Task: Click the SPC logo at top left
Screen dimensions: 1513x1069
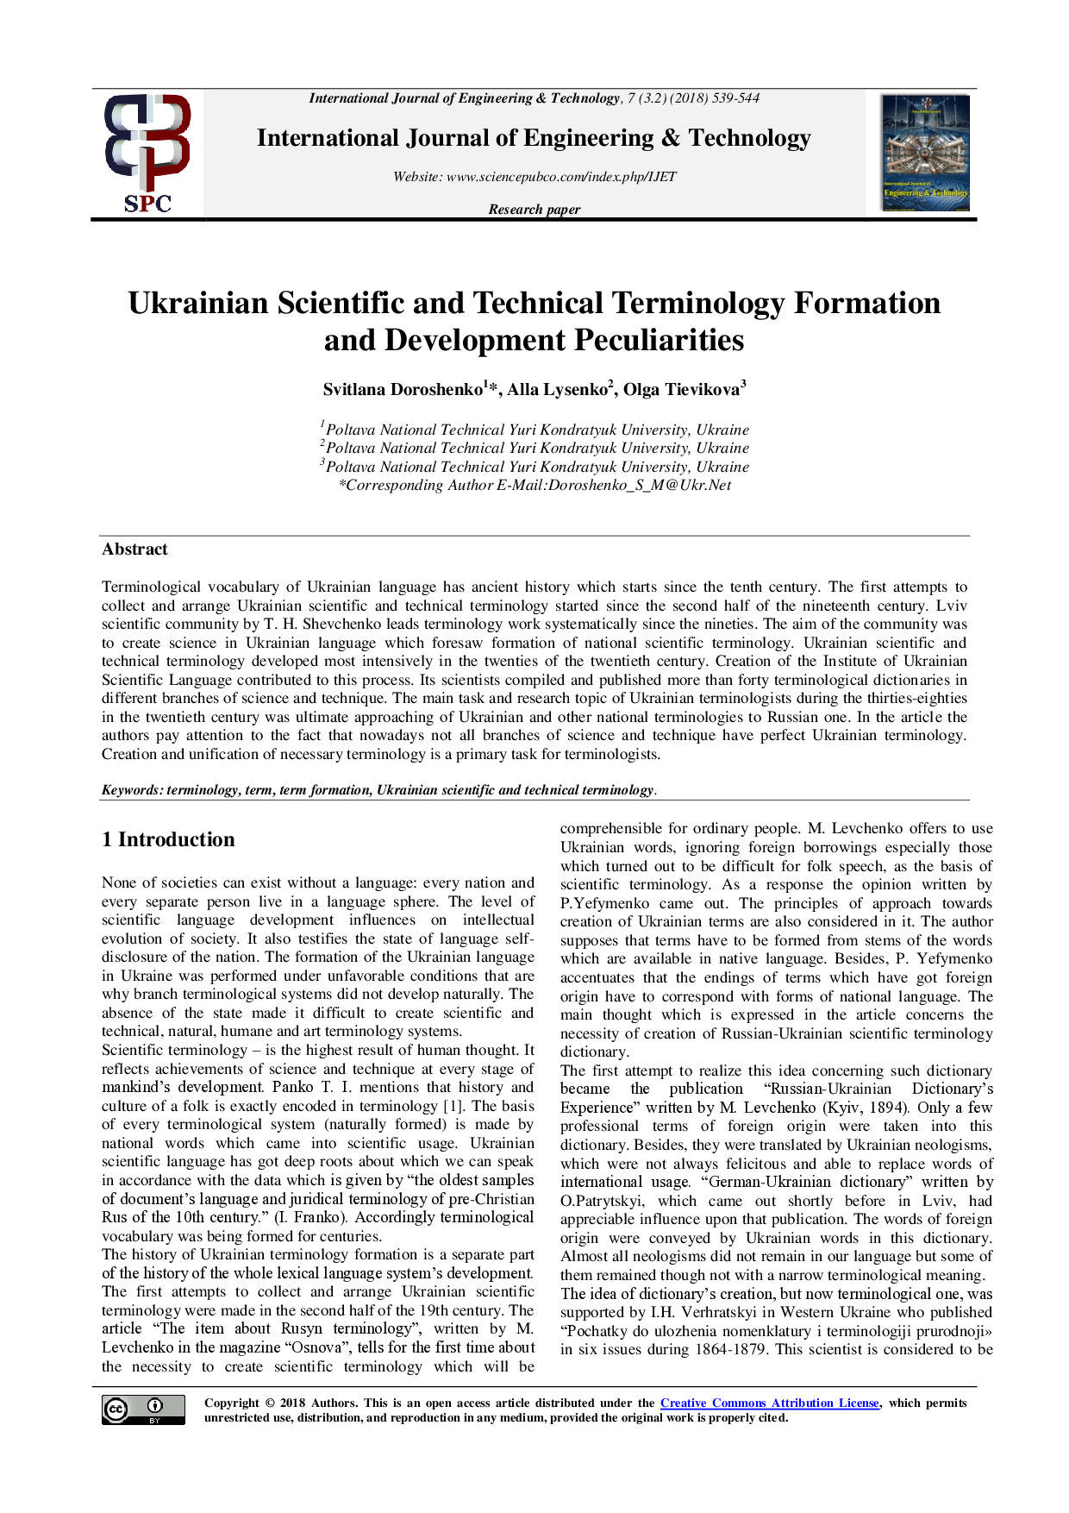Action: click(147, 154)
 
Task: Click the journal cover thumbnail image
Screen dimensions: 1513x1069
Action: click(925, 153)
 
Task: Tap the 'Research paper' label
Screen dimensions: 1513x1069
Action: click(534, 210)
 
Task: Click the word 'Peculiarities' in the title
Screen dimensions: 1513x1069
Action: click(660, 341)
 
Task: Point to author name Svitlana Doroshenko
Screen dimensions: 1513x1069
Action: click(403, 390)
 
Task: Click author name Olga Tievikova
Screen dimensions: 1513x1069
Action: click(682, 390)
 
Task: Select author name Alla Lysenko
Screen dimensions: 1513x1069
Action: click(558, 390)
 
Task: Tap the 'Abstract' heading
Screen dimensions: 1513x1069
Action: click(134, 549)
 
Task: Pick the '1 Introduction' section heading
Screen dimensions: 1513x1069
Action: click(168, 840)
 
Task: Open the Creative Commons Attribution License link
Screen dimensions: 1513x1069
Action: click(769, 1403)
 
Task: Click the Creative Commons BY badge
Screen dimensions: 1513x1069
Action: click(143, 1409)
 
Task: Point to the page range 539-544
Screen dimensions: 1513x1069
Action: click(735, 98)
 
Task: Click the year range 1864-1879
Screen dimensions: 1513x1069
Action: click(730, 1349)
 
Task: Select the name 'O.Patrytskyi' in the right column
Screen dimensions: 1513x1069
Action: click(602, 1201)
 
